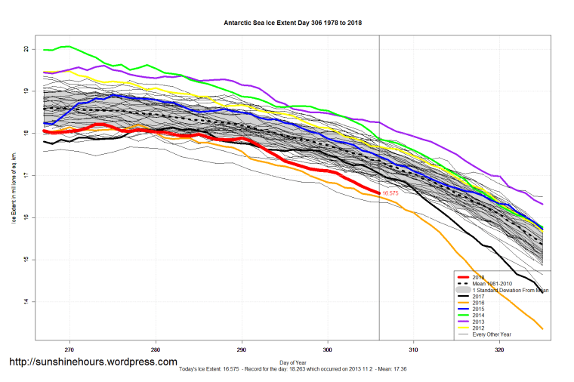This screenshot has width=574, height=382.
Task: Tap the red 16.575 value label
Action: (390, 194)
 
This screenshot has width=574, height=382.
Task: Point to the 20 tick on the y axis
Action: (26, 49)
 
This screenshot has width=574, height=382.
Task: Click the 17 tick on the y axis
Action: (26, 175)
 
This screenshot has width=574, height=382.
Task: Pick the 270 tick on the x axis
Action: (69, 350)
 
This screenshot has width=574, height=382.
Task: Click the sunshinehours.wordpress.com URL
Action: (93, 362)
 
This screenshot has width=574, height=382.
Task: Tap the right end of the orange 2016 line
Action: (542, 328)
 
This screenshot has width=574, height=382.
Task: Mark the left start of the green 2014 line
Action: (44, 50)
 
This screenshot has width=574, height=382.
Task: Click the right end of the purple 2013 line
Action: (542, 204)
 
